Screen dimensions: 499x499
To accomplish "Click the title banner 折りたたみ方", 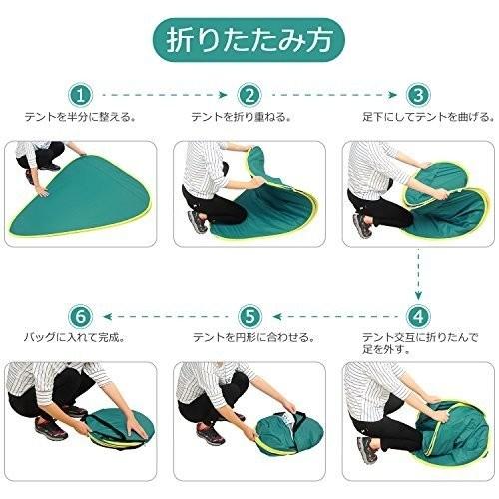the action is [249, 40].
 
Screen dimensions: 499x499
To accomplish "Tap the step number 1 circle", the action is [81, 95].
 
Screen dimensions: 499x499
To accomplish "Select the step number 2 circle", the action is [249, 95].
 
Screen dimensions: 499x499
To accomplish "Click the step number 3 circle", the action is [418, 95].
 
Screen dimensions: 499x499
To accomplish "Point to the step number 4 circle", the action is [418, 316].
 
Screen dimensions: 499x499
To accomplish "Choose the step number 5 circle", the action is [249, 316].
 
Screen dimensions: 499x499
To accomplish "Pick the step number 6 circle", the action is [81, 316].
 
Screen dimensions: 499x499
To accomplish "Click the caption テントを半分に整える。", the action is [81, 117].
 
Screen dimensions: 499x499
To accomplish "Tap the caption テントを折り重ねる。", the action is [242, 117].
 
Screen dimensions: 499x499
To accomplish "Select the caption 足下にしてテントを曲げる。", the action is [428, 117].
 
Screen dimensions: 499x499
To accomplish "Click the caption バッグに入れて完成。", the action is [75, 338].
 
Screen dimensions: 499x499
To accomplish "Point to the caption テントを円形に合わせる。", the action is [253, 338].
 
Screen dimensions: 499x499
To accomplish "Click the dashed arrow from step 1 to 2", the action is [165, 95].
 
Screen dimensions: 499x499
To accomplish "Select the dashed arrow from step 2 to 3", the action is [334, 95].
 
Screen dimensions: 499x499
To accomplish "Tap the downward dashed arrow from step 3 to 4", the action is [418, 274].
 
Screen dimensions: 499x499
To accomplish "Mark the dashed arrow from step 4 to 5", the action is [335, 316].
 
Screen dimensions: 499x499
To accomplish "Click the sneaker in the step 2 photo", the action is [198, 222].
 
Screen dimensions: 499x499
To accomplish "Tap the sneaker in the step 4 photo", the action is [367, 450].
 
